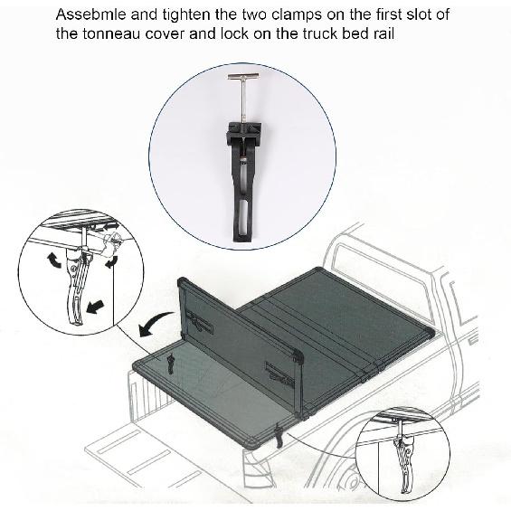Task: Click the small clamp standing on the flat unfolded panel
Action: [169, 364]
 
